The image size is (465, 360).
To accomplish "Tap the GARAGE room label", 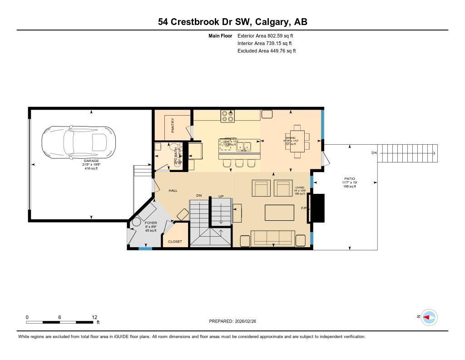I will [91, 161].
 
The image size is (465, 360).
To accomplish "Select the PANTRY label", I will [173, 126].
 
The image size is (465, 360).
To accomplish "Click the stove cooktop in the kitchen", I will [228, 117].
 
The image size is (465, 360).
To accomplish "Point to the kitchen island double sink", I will [246, 147].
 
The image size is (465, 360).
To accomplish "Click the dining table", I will [297, 142].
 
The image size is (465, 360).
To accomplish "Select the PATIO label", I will [350, 179].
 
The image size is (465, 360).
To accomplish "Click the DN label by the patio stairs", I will [374, 153].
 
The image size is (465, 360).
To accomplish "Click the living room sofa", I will [272, 238].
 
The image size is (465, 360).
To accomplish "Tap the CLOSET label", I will [175, 242].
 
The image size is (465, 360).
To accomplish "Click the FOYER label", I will [151, 223].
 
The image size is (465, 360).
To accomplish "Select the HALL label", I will [173, 191].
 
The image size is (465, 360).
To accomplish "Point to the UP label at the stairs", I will [221, 196].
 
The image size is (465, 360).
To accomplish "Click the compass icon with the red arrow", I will [429, 317].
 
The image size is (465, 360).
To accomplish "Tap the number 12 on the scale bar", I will [94, 317].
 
